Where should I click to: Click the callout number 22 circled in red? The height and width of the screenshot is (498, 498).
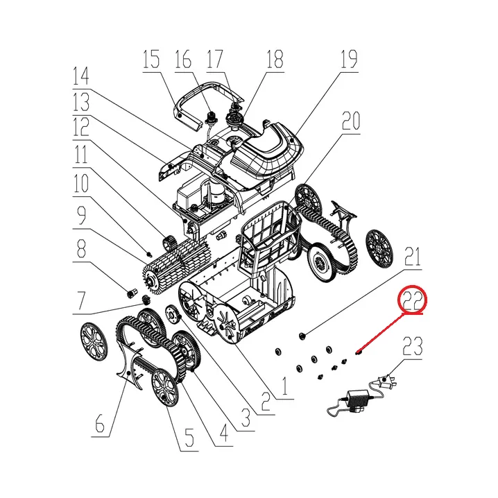412,301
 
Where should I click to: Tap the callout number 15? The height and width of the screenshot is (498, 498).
151,60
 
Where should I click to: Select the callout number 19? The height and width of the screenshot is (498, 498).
349,60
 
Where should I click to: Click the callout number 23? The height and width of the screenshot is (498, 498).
413,346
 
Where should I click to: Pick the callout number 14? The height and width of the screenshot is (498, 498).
80,76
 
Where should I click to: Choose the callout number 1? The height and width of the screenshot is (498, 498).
284,386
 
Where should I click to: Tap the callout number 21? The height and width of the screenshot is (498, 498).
413,257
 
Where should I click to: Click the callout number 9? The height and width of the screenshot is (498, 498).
81,215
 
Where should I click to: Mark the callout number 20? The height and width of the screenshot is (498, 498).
351,121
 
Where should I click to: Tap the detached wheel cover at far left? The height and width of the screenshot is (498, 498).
94,342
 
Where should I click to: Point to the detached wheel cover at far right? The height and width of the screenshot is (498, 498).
379,249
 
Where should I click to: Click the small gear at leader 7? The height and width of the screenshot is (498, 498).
146,299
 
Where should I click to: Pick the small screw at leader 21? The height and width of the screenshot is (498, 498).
302,336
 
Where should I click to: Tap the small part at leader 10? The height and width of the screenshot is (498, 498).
148,254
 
